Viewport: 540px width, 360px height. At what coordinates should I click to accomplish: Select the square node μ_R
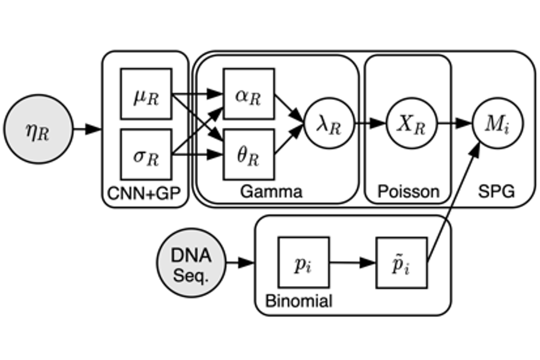(146, 94)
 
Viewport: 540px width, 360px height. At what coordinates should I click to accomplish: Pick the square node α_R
(248, 94)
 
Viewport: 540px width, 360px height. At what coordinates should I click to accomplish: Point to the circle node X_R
(411, 124)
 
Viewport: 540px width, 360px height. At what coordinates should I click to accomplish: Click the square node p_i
(303, 262)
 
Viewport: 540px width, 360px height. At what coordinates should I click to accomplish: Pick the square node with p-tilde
(401, 262)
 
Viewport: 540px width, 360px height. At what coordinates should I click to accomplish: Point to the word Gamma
(271, 192)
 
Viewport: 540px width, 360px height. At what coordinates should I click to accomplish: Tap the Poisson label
(408, 192)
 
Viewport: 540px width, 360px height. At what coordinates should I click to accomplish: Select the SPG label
(496, 192)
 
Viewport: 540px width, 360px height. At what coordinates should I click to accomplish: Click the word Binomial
(298, 300)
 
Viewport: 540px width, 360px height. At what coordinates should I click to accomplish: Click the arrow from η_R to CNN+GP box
(87, 130)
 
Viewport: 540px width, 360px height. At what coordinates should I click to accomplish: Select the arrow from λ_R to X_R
(368, 124)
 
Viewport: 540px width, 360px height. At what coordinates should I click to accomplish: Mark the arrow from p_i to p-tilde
(352, 262)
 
